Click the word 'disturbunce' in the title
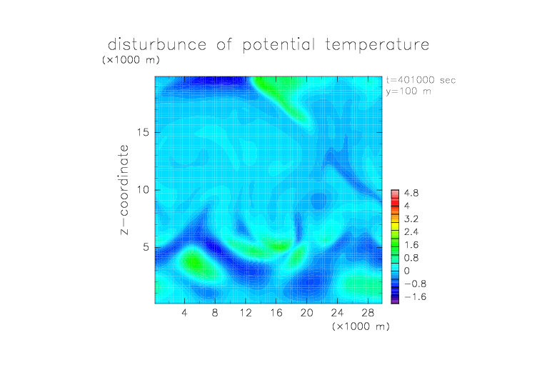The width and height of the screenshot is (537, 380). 157,44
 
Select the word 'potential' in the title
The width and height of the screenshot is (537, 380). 278,45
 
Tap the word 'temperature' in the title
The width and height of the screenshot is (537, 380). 377,45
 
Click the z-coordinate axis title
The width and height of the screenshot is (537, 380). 124,189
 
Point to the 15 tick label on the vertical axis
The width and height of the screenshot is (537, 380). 143,132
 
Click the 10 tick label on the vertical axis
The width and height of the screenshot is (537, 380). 143,190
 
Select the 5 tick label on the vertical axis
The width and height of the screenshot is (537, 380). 146,247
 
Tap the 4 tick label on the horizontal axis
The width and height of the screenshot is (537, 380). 184,312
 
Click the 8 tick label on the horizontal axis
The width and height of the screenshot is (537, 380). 215,312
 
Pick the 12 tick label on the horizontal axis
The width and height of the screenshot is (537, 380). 246,312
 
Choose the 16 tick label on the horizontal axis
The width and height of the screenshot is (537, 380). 276,312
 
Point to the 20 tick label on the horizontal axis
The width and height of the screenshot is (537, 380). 306,312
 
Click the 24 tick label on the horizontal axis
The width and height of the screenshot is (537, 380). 337,312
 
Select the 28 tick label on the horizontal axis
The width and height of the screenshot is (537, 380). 368,312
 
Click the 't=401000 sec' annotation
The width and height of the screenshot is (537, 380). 421,80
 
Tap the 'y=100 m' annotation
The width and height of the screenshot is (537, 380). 408,91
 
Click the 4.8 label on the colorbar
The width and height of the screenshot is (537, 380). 411,194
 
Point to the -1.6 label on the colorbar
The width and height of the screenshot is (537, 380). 415,296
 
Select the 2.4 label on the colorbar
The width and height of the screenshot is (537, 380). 411,232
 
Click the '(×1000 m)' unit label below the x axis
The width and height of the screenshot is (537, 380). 361,326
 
